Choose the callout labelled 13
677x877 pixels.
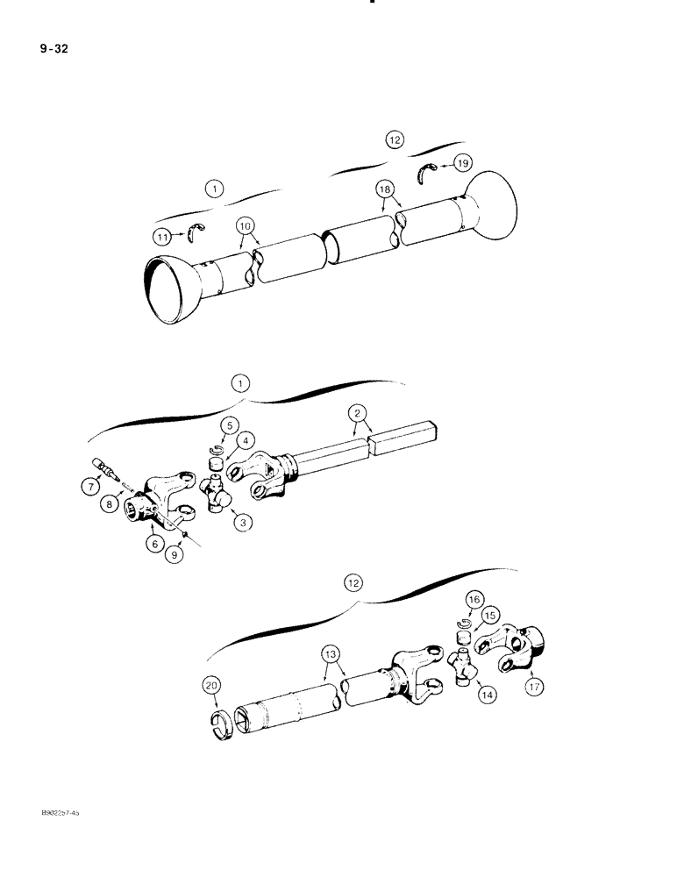[x=329, y=654]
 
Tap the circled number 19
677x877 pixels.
[x=462, y=162]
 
